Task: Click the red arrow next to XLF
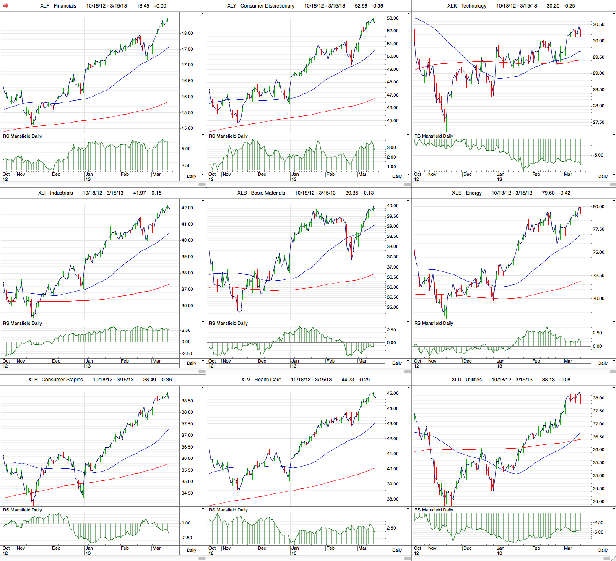click(x=6, y=6)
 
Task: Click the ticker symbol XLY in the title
click(x=231, y=6)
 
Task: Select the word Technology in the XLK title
click(x=473, y=6)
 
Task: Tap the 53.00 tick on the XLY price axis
click(x=392, y=18)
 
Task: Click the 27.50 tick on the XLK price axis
click(x=598, y=122)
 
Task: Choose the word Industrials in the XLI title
click(x=61, y=193)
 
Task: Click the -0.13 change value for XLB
click(x=368, y=193)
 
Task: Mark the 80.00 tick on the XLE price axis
click(x=598, y=206)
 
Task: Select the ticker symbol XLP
click(x=33, y=380)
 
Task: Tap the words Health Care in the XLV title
click(x=268, y=380)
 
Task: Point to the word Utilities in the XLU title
click(x=473, y=380)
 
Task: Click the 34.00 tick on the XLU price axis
click(x=598, y=501)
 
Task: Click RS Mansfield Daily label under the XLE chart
click(x=434, y=323)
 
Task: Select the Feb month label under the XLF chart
click(x=125, y=174)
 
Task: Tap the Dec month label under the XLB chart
click(x=262, y=361)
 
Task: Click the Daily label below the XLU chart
click(x=603, y=550)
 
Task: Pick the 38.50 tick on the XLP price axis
click(x=187, y=401)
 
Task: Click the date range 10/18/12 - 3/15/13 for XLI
click(x=103, y=193)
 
